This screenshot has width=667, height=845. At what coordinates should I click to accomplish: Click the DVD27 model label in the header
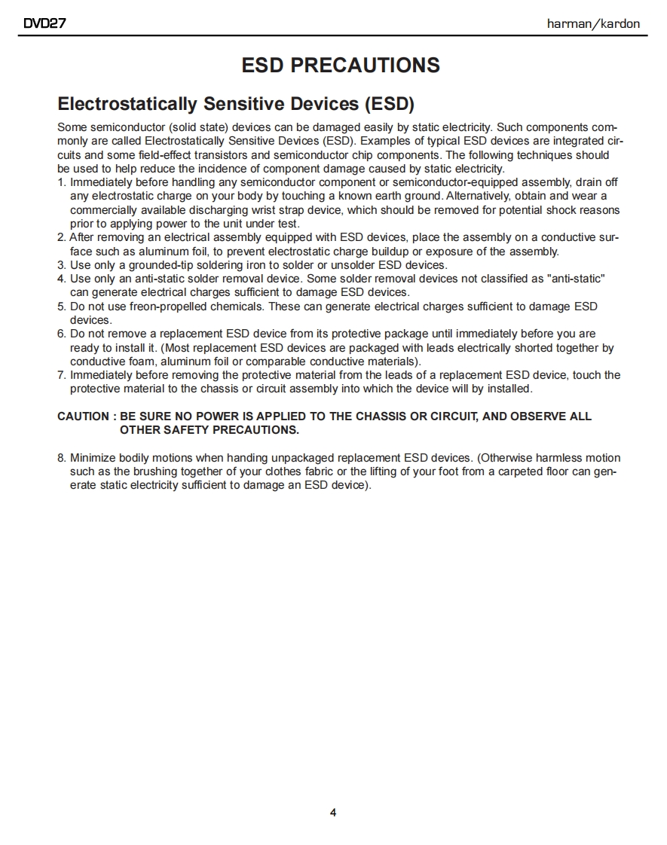45,23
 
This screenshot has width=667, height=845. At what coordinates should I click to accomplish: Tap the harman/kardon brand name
593,23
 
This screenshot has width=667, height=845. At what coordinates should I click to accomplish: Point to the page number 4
333,813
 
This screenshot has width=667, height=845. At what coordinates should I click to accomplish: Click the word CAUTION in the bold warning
84,416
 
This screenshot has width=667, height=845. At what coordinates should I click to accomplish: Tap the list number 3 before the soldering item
61,265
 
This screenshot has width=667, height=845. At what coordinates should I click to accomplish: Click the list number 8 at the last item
61,458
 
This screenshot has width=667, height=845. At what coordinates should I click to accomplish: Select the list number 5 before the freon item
61,307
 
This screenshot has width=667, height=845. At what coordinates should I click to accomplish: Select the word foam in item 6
133,361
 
